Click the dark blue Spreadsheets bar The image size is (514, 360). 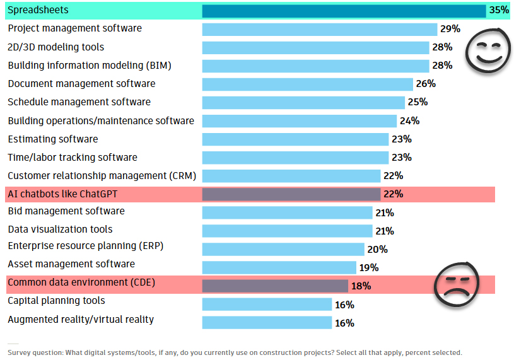point(344,11)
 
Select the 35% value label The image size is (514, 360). point(498,11)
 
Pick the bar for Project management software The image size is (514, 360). point(319,29)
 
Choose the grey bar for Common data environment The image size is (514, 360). point(275,286)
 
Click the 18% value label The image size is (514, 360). point(361,286)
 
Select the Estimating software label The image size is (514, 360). point(53,139)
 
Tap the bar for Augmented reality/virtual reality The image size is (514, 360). point(267,323)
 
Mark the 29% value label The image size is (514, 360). point(450,29)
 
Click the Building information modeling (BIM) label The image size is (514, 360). point(90,66)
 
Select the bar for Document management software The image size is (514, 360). point(307,84)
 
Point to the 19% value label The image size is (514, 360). point(368,268)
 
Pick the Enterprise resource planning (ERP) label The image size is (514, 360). point(86,246)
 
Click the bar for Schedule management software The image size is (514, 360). point(303,102)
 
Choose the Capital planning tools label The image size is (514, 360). point(56,301)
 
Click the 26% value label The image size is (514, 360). point(426,84)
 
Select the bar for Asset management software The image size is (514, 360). point(279,267)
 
